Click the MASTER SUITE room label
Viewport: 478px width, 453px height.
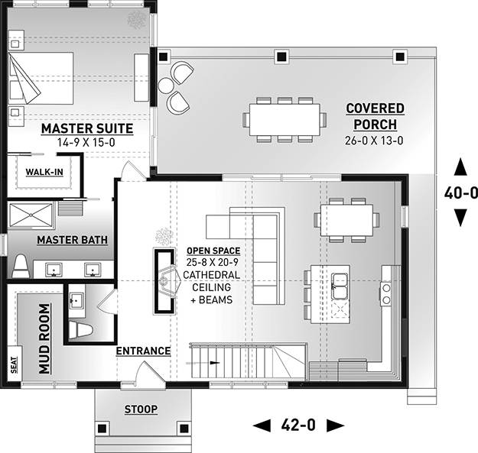coord(87,128)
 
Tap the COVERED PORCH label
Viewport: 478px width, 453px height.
coord(374,116)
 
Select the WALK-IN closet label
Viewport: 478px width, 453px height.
coord(44,171)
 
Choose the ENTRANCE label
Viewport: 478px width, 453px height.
coord(143,351)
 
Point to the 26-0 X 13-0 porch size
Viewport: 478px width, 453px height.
coord(374,140)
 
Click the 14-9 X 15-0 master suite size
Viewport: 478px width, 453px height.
coord(87,142)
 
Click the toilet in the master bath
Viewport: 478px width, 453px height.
coord(21,267)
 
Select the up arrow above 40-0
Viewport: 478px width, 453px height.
coord(460,166)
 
